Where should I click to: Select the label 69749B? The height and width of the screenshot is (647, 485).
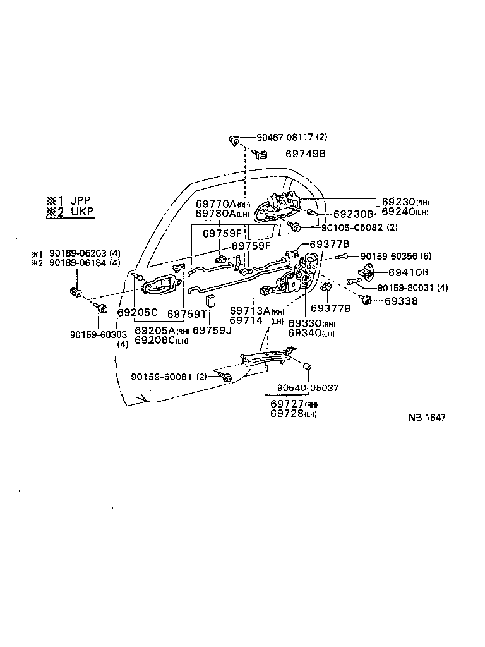(306, 154)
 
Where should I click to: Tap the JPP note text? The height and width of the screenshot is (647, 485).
(81, 201)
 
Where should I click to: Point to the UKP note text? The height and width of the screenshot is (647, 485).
(82, 212)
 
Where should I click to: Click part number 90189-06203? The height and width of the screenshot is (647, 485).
(78, 253)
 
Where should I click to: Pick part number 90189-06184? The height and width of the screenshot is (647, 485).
(78, 262)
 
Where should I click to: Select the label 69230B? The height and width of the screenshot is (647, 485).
(353, 214)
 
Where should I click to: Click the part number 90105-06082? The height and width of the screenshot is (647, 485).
(352, 227)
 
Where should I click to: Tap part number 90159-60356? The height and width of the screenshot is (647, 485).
(390, 257)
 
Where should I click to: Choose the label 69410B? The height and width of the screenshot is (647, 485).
(409, 272)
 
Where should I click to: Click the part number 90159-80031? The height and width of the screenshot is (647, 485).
(406, 287)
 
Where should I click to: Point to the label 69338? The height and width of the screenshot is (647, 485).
(401, 301)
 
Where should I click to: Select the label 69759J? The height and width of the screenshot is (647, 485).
(212, 330)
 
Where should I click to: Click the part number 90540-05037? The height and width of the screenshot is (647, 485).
(308, 388)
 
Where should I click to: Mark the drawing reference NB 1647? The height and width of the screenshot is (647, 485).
(427, 418)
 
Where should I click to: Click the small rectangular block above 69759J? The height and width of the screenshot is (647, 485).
(211, 301)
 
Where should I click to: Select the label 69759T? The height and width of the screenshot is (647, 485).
(187, 314)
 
